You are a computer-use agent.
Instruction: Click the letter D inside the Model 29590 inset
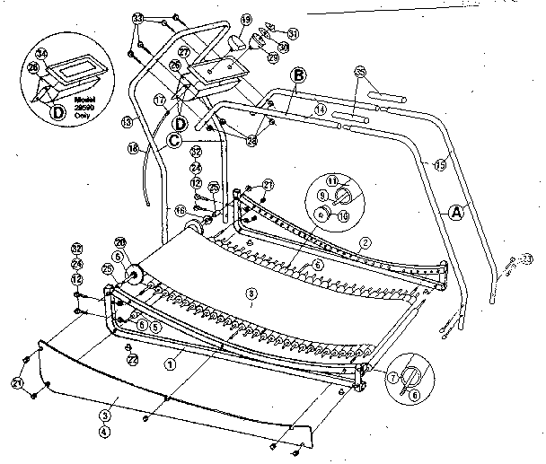(x=58, y=112)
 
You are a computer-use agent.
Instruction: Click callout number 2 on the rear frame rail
(x=365, y=241)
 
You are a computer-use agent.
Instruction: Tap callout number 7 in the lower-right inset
(x=394, y=377)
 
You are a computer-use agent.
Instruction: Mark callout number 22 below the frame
(x=132, y=359)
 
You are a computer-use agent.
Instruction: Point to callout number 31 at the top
(x=293, y=34)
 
